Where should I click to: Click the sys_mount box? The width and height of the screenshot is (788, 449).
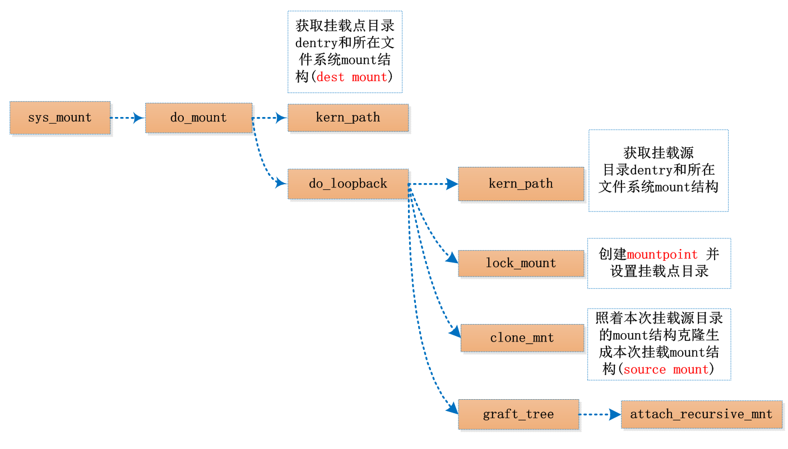(60, 118)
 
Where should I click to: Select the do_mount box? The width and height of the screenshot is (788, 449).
(198, 118)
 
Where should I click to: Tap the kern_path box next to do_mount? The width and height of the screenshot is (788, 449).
(347, 118)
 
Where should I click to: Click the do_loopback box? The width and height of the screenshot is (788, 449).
(347, 184)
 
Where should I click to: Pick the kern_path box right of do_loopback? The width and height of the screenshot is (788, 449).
(521, 184)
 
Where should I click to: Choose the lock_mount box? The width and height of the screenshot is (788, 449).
(521, 263)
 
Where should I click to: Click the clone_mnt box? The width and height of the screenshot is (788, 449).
(522, 338)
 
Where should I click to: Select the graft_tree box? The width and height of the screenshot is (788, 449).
(518, 414)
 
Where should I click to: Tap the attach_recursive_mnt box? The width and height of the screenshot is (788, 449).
(701, 414)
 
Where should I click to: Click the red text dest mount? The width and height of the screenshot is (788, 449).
(352, 77)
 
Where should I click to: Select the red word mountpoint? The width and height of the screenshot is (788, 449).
(662, 255)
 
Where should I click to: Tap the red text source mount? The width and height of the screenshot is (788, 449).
(666, 370)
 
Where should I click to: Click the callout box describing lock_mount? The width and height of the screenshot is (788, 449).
(659, 263)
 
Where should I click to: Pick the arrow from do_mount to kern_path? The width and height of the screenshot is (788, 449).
(270, 118)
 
